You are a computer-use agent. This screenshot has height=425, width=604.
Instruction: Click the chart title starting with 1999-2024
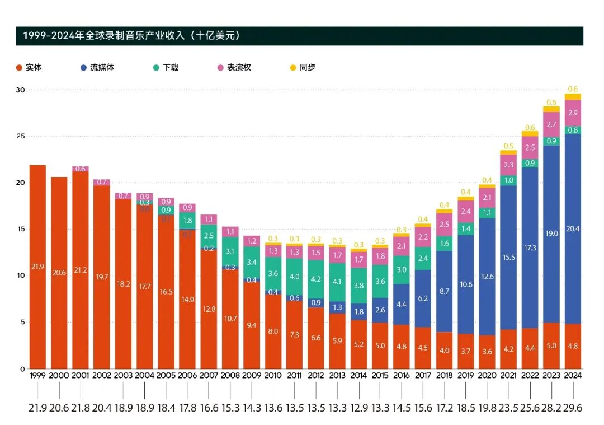(x=131, y=36)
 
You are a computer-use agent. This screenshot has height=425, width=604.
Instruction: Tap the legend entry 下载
(x=166, y=68)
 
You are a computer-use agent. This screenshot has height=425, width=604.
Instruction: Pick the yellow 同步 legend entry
(x=303, y=68)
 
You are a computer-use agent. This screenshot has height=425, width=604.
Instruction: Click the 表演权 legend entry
(x=234, y=68)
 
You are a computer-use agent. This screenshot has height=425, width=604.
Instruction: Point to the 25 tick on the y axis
(x=19, y=136)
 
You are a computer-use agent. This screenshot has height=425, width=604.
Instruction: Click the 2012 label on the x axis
(x=315, y=376)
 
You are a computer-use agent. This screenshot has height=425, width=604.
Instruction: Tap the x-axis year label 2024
(x=573, y=376)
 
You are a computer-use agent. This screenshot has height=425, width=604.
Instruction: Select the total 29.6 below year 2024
(x=573, y=408)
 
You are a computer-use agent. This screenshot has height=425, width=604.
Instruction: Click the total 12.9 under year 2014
(x=358, y=408)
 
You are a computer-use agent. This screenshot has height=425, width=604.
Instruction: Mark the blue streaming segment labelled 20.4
(x=573, y=228)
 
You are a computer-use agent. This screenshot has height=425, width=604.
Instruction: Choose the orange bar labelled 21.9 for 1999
(x=37, y=267)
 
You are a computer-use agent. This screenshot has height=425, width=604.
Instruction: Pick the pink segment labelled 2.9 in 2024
(x=573, y=113)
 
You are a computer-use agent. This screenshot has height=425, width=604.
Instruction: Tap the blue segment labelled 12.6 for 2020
(x=487, y=277)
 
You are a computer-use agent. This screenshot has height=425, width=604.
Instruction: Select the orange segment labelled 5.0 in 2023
(x=551, y=345)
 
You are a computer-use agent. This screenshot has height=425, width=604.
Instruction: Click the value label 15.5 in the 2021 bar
(x=508, y=256)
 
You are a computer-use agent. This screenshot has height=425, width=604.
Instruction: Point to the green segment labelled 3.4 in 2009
(x=252, y=262)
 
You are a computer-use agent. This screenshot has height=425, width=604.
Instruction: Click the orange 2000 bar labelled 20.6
(x=59, y=273)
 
